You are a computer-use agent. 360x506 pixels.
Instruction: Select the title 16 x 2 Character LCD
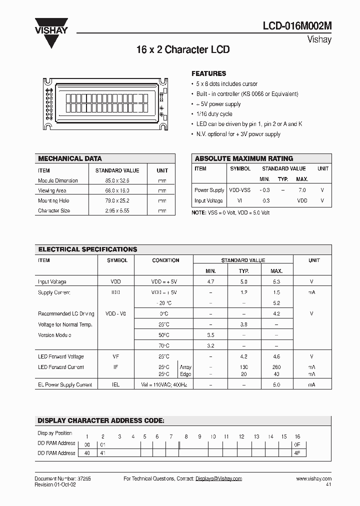coord(183,50)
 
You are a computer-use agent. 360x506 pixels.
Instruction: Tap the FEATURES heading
coord(209,73)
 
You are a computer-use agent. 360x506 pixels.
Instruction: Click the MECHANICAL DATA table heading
coord(70,158)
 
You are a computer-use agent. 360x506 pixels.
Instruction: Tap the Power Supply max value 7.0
coord(302,190)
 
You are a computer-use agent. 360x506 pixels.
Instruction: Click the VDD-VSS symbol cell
coord(240,190)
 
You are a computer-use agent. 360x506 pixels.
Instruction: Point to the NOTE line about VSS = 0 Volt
coord(231,212)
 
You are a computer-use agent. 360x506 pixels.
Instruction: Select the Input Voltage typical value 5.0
coord(243,282)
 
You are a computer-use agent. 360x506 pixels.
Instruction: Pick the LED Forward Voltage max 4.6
coord(276,356)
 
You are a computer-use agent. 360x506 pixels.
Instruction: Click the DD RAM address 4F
coord(297,453)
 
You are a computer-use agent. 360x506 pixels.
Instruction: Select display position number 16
coord(297,436)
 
